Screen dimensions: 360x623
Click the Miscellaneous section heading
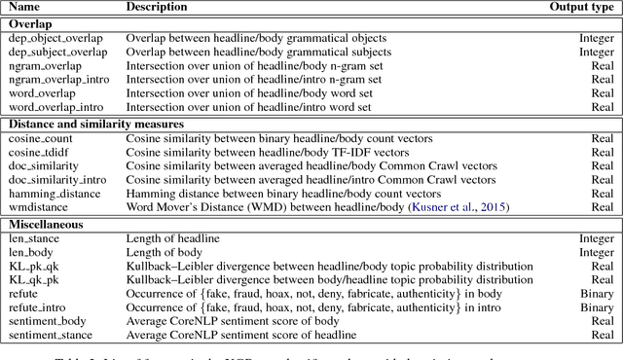coord(47,224)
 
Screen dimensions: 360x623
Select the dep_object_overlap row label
coord(48,38)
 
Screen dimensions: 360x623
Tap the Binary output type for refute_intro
coord(597,307)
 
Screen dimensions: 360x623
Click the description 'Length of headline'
coord(173,238)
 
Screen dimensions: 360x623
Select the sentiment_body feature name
coord(48,322)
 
